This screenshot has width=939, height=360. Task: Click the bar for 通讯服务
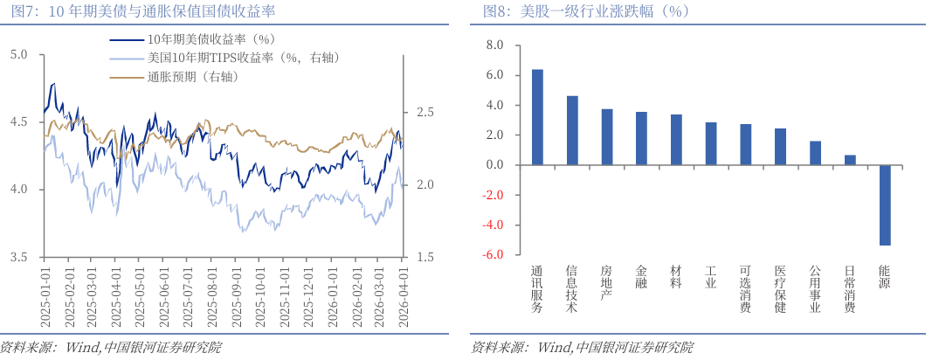537,117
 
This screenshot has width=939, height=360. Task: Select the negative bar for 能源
884,205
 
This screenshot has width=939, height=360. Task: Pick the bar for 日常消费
849,160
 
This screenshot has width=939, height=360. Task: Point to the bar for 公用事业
815,153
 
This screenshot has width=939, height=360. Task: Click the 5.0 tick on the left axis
18,54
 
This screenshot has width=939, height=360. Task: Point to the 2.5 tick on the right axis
425,113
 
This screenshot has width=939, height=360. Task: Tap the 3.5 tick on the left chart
18,257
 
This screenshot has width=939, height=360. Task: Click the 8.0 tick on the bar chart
495,45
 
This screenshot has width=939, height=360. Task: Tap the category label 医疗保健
780,289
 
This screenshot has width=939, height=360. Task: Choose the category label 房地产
607,283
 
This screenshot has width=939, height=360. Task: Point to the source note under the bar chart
581,348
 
